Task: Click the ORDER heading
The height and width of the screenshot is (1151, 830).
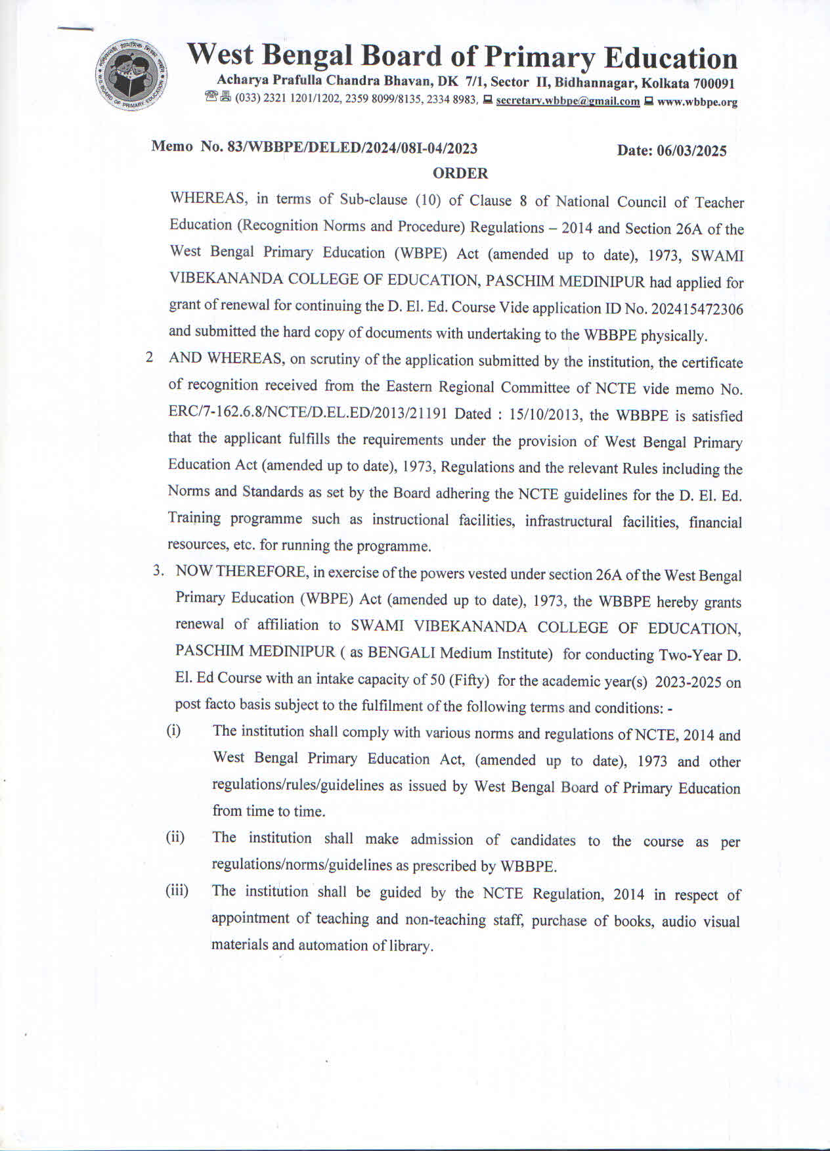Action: tap(460, 173)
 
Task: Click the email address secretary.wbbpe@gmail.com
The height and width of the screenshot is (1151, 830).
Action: tap(567, 101)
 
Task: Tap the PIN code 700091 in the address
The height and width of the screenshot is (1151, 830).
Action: tap(712, 83)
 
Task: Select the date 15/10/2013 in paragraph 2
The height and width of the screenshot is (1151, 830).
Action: tap(546, 415)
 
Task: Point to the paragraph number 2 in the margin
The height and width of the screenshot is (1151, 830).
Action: tap(150, 358)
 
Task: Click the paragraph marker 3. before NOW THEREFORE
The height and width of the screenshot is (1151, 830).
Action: tap(158, 570)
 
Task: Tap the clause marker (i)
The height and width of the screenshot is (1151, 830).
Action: tap(173, 731)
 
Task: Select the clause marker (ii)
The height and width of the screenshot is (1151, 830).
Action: tap(175, 837)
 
